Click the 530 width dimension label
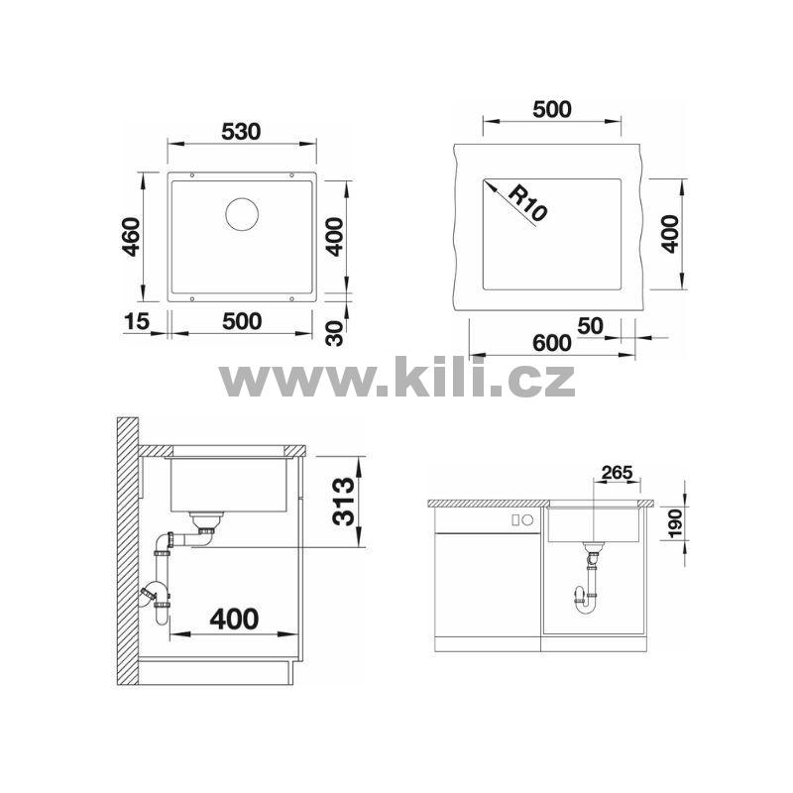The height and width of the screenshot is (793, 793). coord(241,132)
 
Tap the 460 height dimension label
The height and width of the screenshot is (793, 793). coord(132,237)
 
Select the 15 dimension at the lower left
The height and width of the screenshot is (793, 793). coord(137,321)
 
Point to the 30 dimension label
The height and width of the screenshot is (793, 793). coord(334,333)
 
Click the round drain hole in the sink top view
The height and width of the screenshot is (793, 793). coord(242,214)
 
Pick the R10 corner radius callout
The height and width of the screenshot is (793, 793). coord(526,203)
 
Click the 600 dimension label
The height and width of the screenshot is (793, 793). coord(552,343)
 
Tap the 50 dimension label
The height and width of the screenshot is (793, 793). coord(590,326)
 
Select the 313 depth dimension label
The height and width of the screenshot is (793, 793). coord(343,502)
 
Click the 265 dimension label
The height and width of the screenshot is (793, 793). coord(618,473)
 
